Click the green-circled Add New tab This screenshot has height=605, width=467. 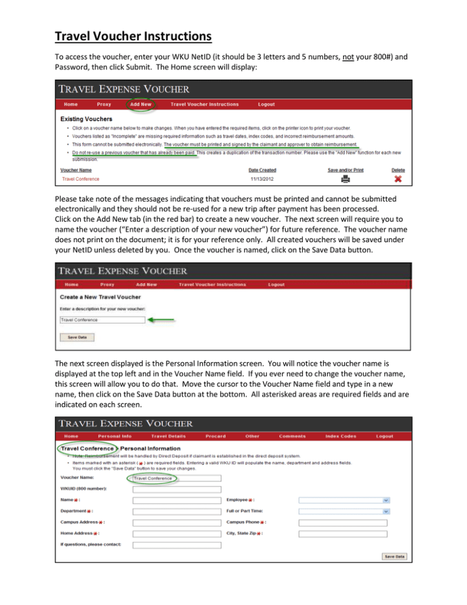(x=141, y=105)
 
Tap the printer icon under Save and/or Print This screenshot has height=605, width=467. (x=345, y=179)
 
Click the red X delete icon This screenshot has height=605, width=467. (x=398, y=179)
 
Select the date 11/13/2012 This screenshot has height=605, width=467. (x=263, y=179)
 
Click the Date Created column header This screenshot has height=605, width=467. (x=263, y=170)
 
